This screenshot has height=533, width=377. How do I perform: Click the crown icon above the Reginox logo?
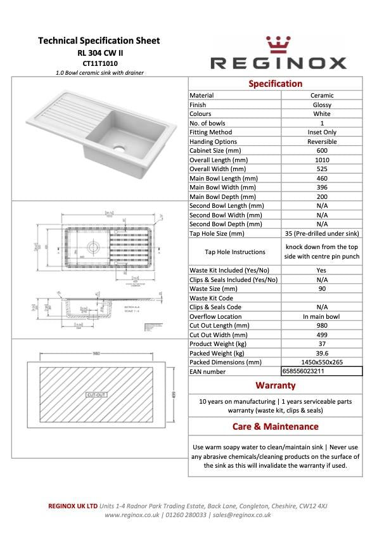coord(278,45)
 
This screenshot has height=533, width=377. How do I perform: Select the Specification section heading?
coord(275,84)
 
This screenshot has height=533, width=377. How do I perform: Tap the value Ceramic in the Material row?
coord(322,96)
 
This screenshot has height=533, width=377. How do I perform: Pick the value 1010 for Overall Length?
coord(322,160)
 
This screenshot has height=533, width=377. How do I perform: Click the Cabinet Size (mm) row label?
coord(215,151)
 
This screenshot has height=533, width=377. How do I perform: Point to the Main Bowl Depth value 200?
coord(322,197)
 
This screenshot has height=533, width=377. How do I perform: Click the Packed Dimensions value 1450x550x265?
coord(322,362)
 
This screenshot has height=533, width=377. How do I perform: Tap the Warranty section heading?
coord(275,385)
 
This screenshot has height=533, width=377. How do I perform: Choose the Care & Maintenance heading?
coord(275,427)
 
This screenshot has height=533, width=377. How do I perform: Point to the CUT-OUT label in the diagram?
coord(96,395)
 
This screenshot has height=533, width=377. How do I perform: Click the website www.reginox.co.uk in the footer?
coord(132,515)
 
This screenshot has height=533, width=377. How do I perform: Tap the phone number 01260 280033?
coord(186,515)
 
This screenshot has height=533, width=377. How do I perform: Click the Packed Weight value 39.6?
coord(322,353)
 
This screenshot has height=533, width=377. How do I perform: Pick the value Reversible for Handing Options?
coord(322,142)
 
